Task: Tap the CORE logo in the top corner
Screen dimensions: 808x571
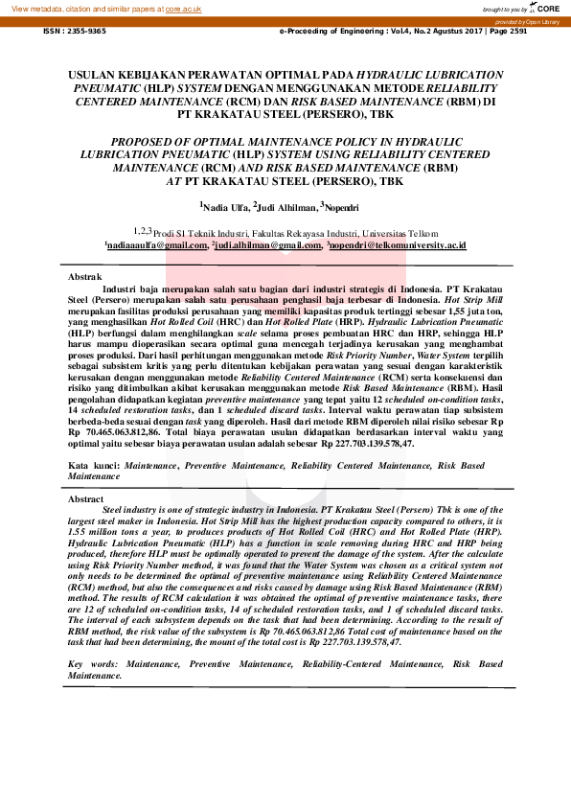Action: click(548, 8)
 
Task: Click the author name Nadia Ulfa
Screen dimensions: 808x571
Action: click(226, 206)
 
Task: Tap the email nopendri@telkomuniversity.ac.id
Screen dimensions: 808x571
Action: click(398, 246)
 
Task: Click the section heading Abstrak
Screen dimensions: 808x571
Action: click(85, 275)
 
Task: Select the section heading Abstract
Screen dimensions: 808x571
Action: click(86, 500)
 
